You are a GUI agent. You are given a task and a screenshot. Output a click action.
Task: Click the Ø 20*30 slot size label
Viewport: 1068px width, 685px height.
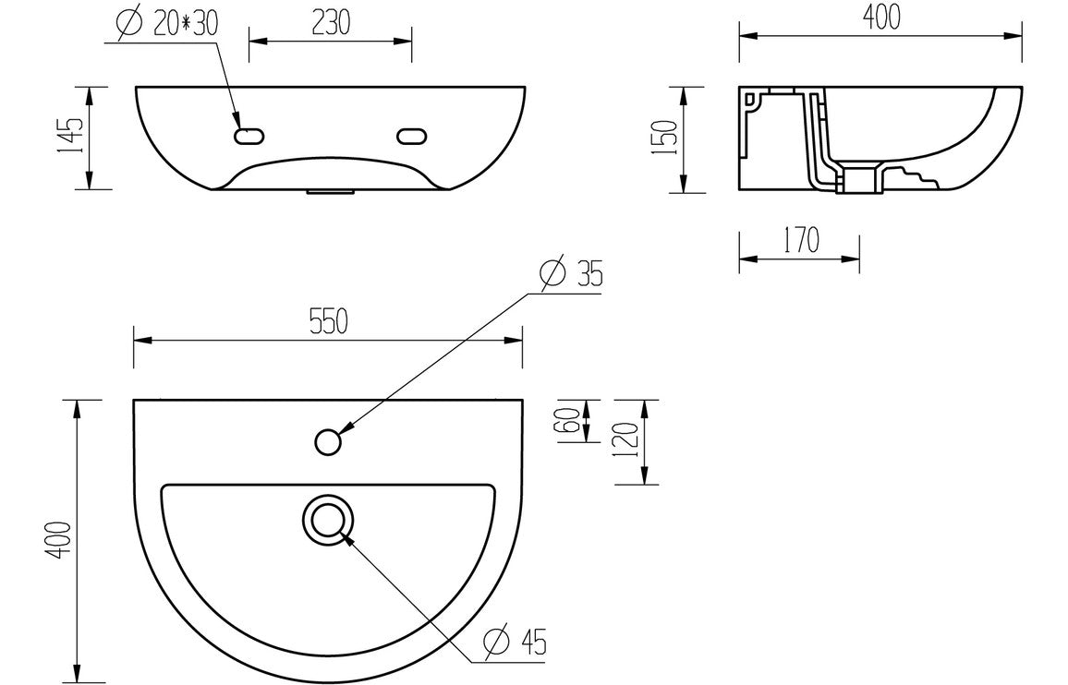click(x=168, y=23)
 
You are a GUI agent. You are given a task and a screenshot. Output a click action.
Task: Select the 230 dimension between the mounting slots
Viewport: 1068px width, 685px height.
click(x=330, y=23)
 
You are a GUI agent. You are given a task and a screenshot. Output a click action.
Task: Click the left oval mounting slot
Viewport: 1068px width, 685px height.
click(x=249, y=137)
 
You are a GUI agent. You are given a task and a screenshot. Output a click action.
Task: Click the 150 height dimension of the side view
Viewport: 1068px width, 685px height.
click(x=669, y=138)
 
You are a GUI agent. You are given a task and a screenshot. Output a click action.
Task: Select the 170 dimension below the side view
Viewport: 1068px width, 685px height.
click(x=800, y=241)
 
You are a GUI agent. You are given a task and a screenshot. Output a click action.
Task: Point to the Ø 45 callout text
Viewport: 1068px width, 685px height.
click(x=516, y=641)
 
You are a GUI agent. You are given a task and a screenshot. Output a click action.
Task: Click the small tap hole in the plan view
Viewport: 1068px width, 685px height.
click(x=327, y=443)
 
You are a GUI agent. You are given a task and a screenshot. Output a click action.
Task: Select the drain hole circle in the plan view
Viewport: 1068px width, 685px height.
click(x=327, y=521)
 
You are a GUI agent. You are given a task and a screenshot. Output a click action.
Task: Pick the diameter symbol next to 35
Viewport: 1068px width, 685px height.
click(x=551, y=274)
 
